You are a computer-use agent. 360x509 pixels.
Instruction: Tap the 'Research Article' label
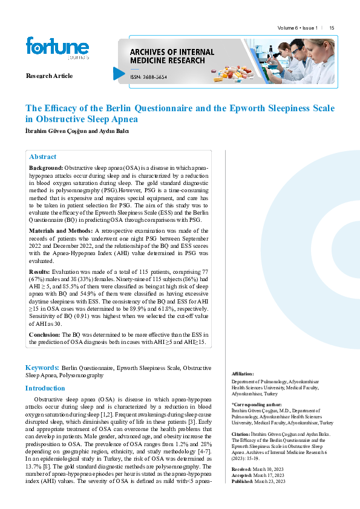49,76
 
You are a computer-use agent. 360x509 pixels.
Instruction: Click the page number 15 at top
332,28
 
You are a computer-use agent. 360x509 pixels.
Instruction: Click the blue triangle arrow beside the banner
119,74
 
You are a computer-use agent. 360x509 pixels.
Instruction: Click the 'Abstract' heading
42,157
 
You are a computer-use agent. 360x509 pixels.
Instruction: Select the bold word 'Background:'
46,166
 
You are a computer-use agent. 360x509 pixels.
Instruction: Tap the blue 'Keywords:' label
42,368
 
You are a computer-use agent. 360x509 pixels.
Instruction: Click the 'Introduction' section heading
45,389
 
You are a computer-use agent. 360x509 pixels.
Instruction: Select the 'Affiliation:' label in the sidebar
243,374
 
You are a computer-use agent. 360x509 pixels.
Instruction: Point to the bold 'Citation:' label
242,434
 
